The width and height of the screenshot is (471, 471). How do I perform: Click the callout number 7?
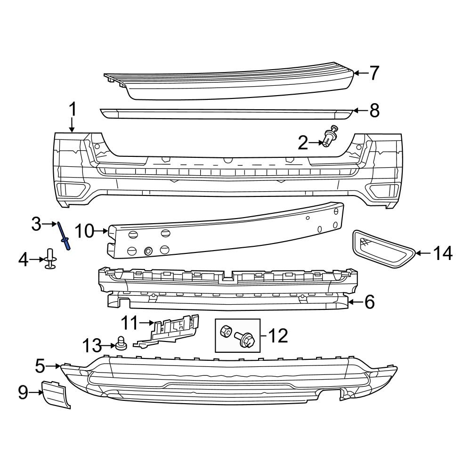click(x=374, y=73)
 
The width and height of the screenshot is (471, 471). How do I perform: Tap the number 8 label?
click(x=374, y=111)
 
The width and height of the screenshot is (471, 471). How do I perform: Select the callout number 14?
click(x=443, y=253)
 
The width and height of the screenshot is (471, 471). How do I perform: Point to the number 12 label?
click(x=278, y=335)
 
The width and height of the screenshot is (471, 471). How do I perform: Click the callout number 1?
click(x=72, y=110)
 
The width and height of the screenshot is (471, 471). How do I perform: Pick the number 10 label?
click(x=85, y=231)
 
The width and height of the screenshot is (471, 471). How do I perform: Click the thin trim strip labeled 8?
click(x=226, y=114)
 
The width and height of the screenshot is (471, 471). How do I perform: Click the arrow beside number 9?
click(x=37, y=392)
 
